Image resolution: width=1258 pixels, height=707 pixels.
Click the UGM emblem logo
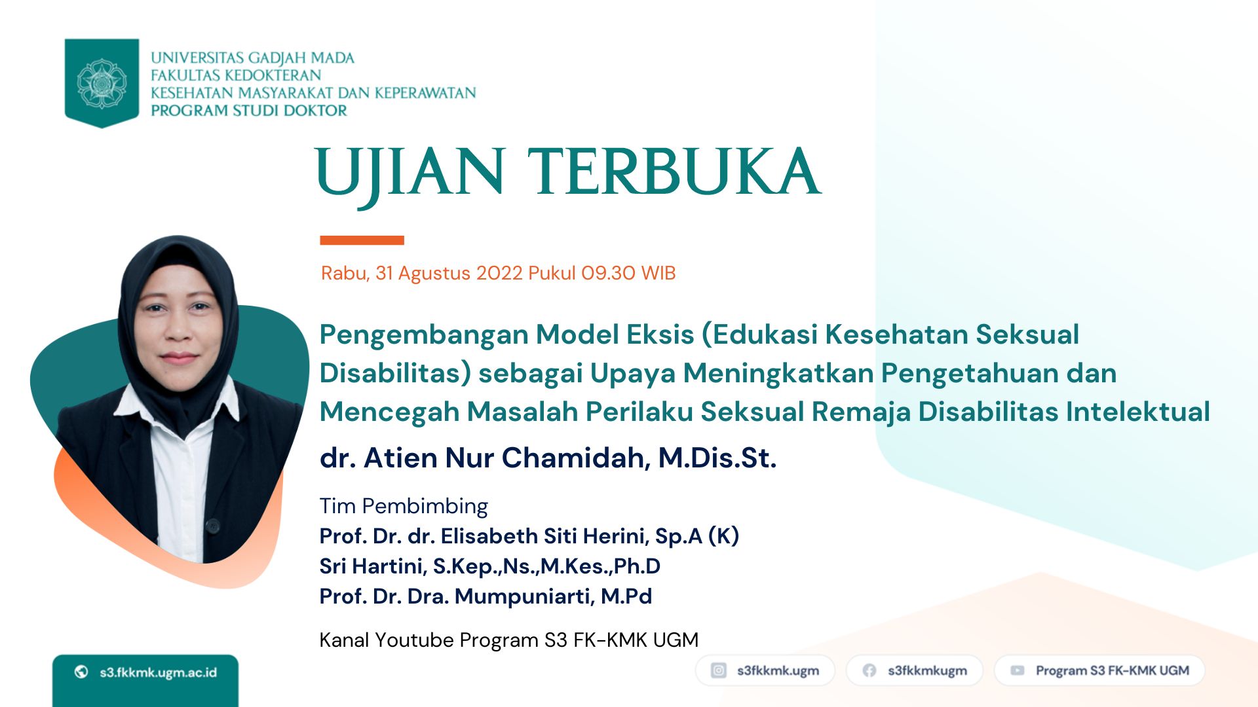point(102,83)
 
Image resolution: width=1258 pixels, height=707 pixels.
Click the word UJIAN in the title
point(410,173)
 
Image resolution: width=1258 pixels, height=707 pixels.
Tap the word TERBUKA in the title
point(674,171)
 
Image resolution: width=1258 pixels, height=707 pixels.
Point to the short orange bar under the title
point(362,240)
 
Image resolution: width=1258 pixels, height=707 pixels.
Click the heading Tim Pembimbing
point(404,506)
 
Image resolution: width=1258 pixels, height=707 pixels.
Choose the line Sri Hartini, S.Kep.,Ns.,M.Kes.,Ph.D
point(490,567)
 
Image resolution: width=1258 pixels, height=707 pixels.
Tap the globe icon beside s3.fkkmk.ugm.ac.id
point(81,672)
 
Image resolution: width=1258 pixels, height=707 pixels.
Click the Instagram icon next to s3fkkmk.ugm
point(719,670)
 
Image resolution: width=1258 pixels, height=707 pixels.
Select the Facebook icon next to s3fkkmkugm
point(869,670)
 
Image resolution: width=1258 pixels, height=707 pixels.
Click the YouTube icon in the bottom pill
point(1018,670)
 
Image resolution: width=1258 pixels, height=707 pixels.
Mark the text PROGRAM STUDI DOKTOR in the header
point(249,111)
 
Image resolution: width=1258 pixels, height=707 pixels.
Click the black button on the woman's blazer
point(212,524)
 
